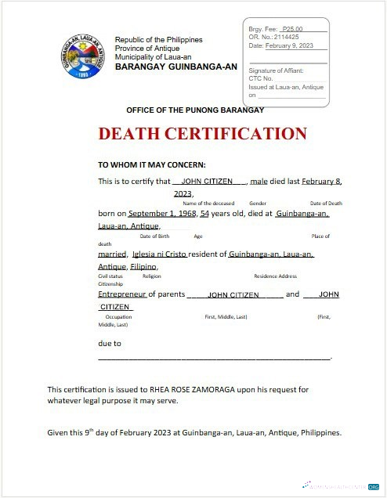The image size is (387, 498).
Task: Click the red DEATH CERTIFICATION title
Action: point(202,133)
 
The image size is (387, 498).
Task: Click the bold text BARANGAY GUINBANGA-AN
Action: point(175,67)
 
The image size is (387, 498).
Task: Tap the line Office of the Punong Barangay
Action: point(195,110)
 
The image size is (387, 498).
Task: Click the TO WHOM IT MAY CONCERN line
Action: point(151,165)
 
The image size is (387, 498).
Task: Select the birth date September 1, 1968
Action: point(162,213)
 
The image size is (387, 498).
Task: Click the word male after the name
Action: point(259,181)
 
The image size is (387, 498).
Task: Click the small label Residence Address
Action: point(275,276)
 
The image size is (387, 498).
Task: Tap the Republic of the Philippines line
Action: point(158,40)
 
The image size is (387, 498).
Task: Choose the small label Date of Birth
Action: point(154,236)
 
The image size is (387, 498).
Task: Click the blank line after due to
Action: point(213,357)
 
